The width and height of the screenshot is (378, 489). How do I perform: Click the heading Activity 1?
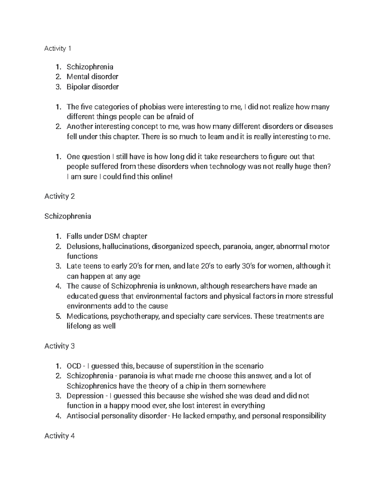58,48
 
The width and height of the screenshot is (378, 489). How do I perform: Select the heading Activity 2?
59,196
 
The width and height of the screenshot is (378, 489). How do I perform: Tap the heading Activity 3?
59,346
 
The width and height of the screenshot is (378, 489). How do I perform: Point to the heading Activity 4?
59,436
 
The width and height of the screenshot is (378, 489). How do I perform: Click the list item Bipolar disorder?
92,87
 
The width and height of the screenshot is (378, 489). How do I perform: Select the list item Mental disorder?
92,77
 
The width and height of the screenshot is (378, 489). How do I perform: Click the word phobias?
153,107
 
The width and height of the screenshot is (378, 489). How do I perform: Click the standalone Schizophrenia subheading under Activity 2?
68,216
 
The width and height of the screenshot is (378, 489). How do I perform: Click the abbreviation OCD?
73,366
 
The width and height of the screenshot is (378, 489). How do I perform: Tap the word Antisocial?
81,416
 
